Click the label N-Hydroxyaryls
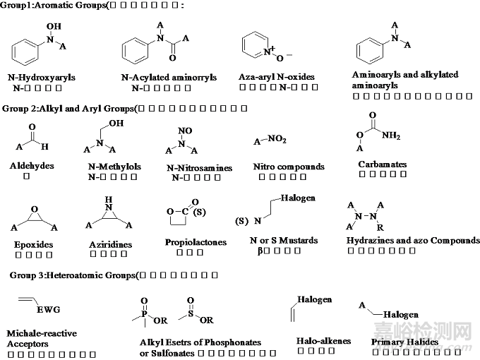click(42, 78)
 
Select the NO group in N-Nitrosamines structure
click(185, 129)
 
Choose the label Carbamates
click(383, 164)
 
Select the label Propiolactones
click(196, 242)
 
